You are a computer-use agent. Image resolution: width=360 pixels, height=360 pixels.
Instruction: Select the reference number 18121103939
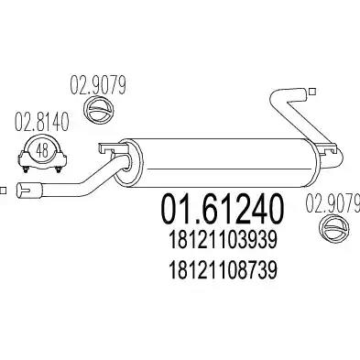[223, 240]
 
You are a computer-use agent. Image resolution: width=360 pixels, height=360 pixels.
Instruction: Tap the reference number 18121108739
[223, 270]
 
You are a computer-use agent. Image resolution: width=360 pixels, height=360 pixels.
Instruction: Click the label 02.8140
[41, 122]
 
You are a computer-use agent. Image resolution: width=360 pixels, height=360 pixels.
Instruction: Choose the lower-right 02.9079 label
[333, 203]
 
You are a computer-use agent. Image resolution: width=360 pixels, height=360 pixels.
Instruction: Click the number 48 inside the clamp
[42, 150]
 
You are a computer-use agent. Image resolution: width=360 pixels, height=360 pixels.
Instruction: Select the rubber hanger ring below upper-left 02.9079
[98, 109]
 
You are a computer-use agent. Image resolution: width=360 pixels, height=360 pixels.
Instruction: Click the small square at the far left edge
[3, 190]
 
